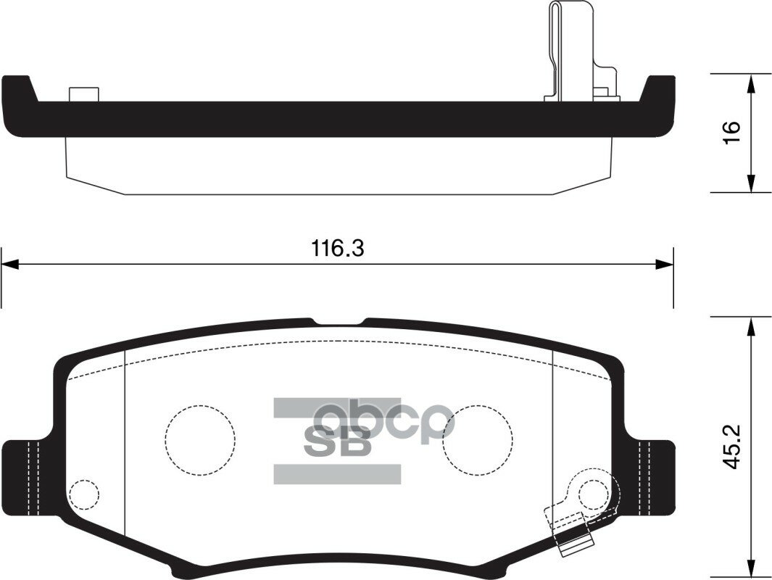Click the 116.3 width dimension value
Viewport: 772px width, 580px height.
coord(338,249)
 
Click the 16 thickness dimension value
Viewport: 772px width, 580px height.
coord(731,132)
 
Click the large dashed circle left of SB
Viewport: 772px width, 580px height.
coord(200,439)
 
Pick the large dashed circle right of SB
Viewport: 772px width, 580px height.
coord(478,439)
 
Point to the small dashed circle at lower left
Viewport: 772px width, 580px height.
coord(84,494)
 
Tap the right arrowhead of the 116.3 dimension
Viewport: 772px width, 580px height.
coord(665,265)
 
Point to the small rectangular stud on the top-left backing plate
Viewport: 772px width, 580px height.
coord(83,95)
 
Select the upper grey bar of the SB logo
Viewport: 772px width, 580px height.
coord(337,407)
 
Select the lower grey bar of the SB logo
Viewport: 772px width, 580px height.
coord(337,474)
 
